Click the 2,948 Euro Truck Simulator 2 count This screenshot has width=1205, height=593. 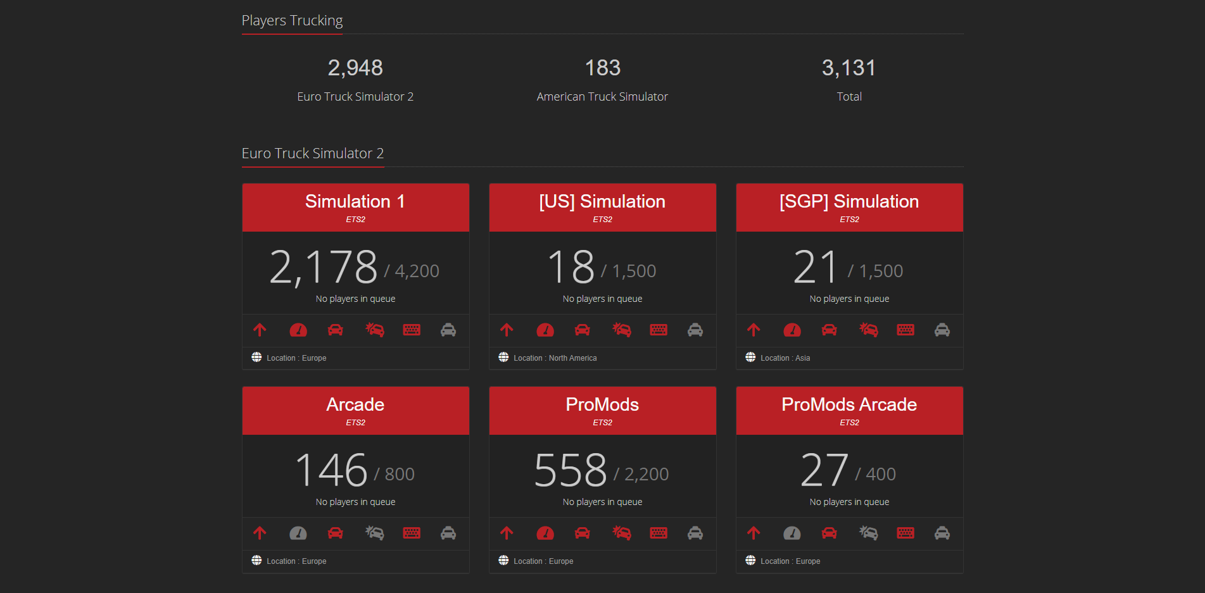pyautogui.click(x=355, y=68)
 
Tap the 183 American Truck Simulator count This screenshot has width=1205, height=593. pyautogui.click(x=602, y=68)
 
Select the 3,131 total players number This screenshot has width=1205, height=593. pyautogui.click(x=849, y=68)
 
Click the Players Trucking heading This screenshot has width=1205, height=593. pyautogui.click(x=292, y=21)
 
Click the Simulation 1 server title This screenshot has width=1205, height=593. pyautogui.click(x=355, y=201)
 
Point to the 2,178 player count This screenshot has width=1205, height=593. pyautogui.click(x=324, y=267)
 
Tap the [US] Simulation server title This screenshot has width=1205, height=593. pyautogui.click(x=602, y=201)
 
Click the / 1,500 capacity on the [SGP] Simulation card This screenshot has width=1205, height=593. pyautogui.click(x=876, y=272)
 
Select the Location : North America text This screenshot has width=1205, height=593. pyautogui.click(x=555, y=358)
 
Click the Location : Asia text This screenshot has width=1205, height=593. pyautogui.click(x=785, y=358)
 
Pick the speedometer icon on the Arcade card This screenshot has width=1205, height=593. pyautogui.click(x=298, y=534)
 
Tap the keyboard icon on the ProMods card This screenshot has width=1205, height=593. pyautogui.click(x=659, y=533)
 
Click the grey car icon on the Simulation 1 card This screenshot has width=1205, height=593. pyautogui.click(x=448, y=330)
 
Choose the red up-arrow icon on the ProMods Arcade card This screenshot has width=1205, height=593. pyautogui.click(x=754, y=533)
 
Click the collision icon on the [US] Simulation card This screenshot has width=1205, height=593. pyautogui.click(x=622, y=330)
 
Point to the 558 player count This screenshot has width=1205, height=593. pyautogui.click(x=571, y=470)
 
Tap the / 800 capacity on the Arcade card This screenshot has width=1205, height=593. pyautogui.click(x=394, y=475)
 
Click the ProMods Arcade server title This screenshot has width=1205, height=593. pyautogui.click(x=849, y=404)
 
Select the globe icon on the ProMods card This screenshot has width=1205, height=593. pyautogui.click(x=503, y=560)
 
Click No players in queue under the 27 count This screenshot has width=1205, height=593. pyautogui.click(x=849, y=502)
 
